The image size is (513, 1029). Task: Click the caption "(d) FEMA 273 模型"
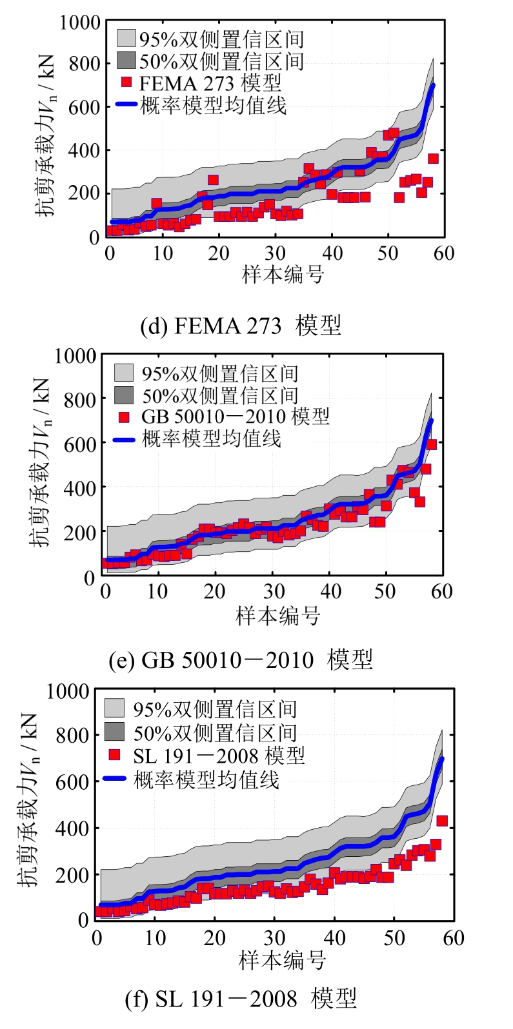pos(240,325)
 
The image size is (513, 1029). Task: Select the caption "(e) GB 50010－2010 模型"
pos(241,660)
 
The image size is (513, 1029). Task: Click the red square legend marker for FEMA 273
pos(126,83)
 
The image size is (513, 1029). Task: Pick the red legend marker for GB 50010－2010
pos(124,416)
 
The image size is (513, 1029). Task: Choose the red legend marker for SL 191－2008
pos(115,755)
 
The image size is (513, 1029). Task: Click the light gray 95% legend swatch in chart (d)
pos(126,38)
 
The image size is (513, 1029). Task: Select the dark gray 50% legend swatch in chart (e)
pos(124,395)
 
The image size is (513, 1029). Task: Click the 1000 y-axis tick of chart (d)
pos(80,23)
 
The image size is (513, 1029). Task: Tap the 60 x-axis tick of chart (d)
pos(444,253)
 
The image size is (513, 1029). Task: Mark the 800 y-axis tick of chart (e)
pos(81,400)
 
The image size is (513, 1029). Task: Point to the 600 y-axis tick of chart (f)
pos(72,781)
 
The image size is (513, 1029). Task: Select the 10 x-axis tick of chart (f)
pos(155,937)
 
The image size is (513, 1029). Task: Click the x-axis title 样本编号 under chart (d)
pos(283,275)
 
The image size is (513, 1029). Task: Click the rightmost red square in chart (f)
pos(442,821)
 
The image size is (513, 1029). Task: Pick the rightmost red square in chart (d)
pos(433,159)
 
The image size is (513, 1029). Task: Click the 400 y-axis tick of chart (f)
pos(72,828)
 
